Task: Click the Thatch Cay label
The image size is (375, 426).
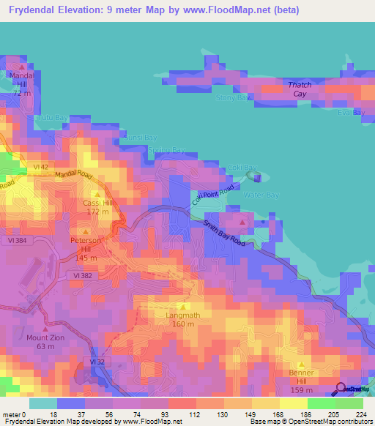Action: tap(300, 89)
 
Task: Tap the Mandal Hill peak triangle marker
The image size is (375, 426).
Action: tap(22, 67)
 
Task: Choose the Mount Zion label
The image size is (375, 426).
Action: tap(45, 342)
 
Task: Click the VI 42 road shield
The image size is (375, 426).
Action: tap(40, 167)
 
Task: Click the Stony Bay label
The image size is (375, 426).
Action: tap(231, 97)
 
